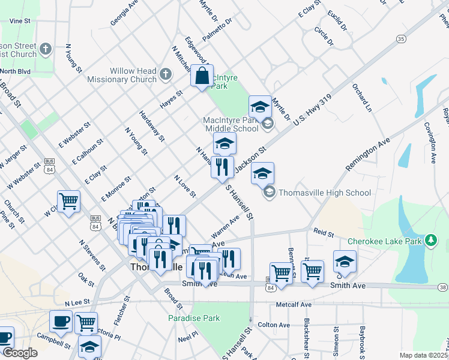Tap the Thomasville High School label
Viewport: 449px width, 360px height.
coord(325,193)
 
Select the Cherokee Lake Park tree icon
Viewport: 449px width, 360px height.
coord(430,241)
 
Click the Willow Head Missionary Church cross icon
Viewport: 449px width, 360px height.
coord(166,75)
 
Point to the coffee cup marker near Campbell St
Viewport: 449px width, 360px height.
coord(60,322)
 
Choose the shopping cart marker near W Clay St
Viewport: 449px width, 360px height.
coord(69,202)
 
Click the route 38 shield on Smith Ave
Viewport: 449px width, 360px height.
coord(443,287)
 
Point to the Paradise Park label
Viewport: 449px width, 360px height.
coord(194,318)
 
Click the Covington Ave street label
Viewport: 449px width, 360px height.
coord(430,143)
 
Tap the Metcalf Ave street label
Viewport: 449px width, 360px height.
coord(294,304)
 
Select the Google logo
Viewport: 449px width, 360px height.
coord(19,353)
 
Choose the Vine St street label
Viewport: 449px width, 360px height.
coord(20,20)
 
